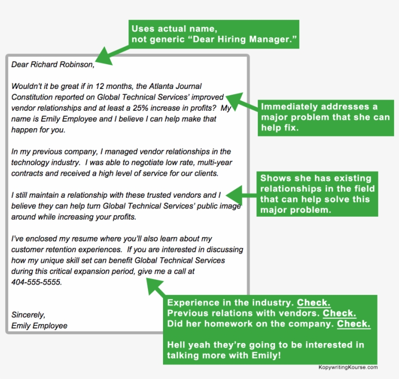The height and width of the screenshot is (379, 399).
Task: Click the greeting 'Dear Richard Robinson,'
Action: (x=53, y=65)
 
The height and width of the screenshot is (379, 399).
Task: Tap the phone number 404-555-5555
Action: (x=36, y=282)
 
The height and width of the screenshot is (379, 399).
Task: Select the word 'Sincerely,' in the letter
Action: (x=28, y=314)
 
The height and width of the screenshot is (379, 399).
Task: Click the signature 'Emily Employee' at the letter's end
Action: (x=39, y=326)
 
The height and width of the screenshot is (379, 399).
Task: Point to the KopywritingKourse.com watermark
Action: (x=348, y=367)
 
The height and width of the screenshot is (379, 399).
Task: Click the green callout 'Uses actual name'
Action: (x=215, y=34)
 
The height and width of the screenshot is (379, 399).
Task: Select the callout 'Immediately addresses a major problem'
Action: (x=326, y=118)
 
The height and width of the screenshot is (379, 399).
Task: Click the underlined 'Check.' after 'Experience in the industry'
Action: (x=314, y=302)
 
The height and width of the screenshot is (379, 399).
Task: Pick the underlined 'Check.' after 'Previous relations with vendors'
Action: (x=339, y=313)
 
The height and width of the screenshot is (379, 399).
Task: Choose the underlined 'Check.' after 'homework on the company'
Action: (x=354, y=324)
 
